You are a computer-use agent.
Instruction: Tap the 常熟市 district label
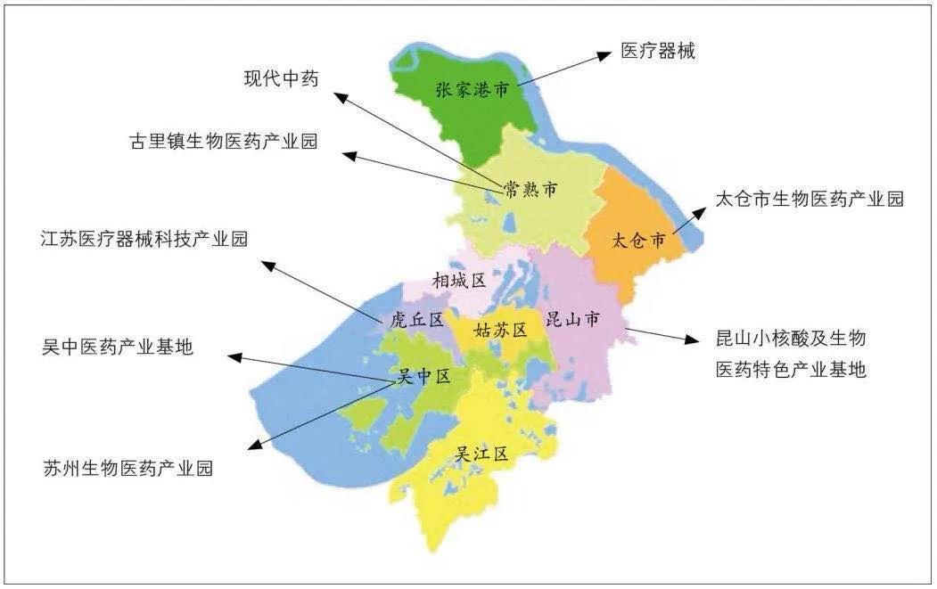click(530, 189)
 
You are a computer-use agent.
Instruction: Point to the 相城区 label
click(459, 282)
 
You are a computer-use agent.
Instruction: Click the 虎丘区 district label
click(417, 320)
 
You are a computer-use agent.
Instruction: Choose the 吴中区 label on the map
click(423, 377)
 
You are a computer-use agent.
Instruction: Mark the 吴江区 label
click(482, 454)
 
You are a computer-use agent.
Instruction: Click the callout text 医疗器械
click(658, 52)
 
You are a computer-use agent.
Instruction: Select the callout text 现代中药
click(281, 78)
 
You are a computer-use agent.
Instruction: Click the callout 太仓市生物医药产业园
click(810, 199)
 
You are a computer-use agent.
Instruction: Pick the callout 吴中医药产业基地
click(118, 348)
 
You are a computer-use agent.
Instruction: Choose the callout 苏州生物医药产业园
click(129, 468)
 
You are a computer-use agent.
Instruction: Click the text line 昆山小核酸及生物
click(791, 339)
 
